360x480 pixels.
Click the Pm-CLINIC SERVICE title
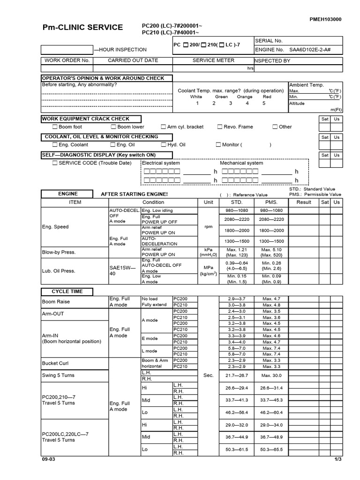tap(82, 28)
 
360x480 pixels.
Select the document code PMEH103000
tap(326, 19)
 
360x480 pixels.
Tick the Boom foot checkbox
tap(55, 127)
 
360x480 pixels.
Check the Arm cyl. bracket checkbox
tap(163, 127)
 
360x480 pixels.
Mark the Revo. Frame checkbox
tap(219, 127)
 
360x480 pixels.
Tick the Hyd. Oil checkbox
tap(164, 145)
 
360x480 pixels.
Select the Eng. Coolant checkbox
tap(55, 145)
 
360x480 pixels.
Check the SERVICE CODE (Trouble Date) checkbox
tap(55, 163)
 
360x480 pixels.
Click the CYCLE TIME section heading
tap(67, 292)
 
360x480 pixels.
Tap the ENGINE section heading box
tap(68, 194)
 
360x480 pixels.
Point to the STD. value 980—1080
tap(237, 210)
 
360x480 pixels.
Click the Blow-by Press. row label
tap(59, 252)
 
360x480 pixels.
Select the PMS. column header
tap(271, 202)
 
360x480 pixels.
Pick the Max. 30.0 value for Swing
tap(271, 375)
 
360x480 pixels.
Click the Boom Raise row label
tap(56, 302)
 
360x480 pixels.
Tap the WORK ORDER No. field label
tap(67, 60)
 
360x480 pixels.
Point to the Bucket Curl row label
tap(55, 363)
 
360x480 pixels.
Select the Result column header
tap(304, 202)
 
